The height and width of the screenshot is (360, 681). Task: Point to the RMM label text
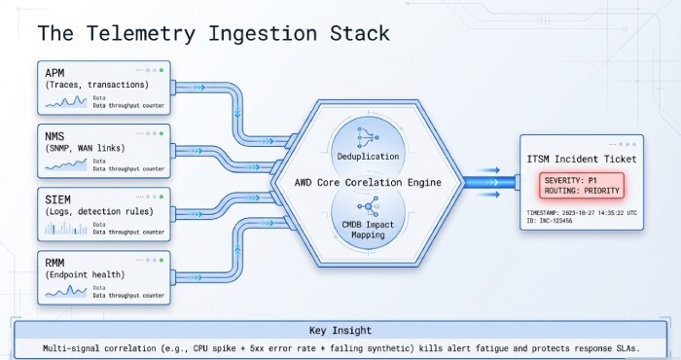(x=56, y=260)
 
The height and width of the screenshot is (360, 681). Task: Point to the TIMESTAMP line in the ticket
(x=580, y=211)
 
